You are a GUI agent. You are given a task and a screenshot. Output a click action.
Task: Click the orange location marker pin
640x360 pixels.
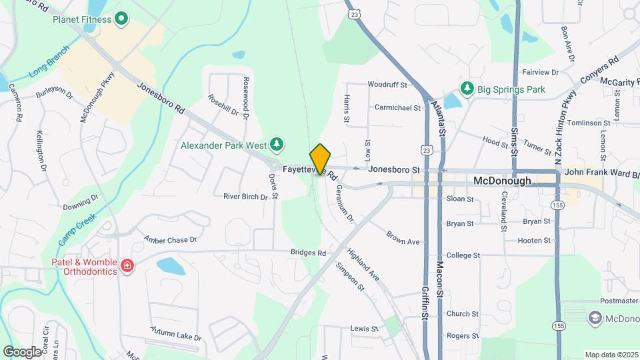321,159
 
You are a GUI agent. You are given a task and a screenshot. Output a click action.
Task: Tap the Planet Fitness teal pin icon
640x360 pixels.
121,19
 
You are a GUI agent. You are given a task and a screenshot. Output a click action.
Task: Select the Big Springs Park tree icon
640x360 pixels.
467,89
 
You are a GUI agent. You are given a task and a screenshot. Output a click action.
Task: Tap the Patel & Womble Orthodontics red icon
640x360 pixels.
127,267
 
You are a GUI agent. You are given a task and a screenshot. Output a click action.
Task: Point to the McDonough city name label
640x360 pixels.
502,181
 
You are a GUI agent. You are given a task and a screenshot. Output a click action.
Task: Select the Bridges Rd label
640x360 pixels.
308,253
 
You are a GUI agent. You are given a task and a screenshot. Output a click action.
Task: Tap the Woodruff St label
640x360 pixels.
387,85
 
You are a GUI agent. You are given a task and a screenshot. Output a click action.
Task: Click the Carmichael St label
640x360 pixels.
397,107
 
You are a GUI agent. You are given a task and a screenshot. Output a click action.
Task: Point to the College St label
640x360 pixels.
463,255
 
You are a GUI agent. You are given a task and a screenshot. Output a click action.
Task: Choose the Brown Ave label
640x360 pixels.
403,237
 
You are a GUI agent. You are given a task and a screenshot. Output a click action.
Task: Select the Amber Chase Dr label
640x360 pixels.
171,239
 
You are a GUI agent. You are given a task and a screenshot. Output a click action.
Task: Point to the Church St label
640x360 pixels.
463,313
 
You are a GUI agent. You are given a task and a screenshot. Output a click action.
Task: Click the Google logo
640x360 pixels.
22,351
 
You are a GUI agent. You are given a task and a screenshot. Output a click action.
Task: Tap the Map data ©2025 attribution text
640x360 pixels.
611,355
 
